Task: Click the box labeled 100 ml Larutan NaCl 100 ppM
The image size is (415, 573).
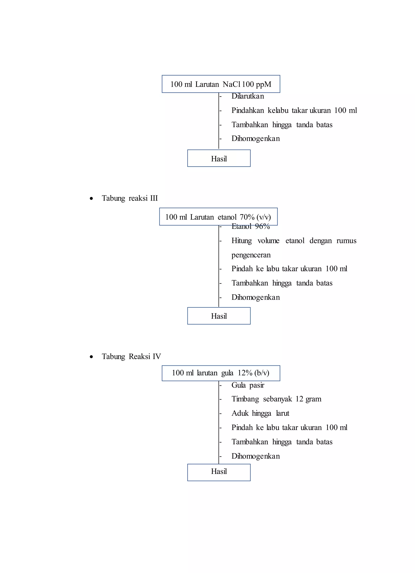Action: (221, 84)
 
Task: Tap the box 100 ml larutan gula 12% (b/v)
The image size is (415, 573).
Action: (221, 373)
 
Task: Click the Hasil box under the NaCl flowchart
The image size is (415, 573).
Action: (219, 158)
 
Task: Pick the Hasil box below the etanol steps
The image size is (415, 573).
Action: (219, 316)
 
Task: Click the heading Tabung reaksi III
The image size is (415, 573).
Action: (130, 198)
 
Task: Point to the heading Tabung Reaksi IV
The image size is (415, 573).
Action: (131, 356)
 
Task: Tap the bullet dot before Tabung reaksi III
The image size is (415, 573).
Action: (91, 198)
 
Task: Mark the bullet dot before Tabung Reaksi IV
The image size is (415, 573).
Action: (91, 357)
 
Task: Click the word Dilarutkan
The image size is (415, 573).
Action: (248, 96)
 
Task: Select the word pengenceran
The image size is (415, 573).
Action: (251, 255)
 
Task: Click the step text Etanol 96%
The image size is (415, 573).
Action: (250, 226)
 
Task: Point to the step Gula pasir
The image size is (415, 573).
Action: (248, 385)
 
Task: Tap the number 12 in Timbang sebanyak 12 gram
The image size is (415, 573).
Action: (299, 399)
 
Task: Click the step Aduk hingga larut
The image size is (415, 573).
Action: (260, 413)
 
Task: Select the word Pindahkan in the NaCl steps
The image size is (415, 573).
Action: (248, 110)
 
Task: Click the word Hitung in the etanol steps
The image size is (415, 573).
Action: (242, 241)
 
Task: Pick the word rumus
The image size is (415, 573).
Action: (346, 241)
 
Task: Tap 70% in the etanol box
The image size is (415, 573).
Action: (247, 217)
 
